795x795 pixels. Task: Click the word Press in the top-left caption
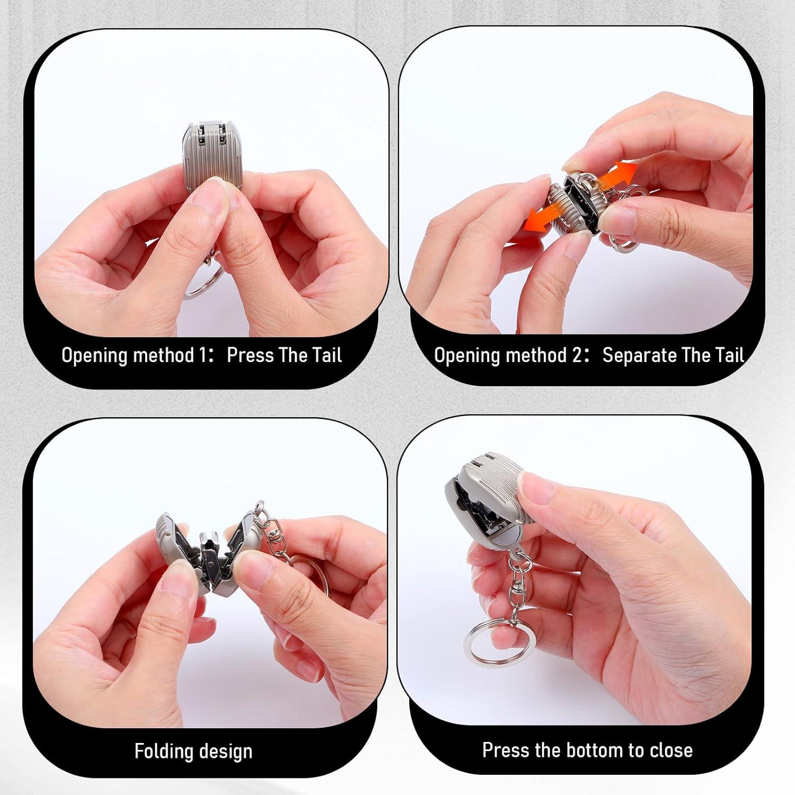[251, 355]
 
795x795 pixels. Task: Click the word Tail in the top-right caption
[728, 355]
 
